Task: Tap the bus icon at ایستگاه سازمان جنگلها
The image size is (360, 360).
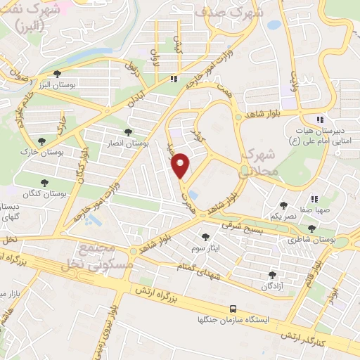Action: tap(232, 308)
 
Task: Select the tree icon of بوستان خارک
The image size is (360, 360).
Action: tap(42, 141)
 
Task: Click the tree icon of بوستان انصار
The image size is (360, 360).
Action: tap(127, 131)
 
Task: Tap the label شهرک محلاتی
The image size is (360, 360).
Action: tap(260, 162)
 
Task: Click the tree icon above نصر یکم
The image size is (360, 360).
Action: tap(283, 205)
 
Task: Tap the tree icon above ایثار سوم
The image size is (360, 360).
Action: tap(205, 238)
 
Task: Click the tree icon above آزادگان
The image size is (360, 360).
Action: tap(272, 275)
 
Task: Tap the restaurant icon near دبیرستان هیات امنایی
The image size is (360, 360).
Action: tap(320, 119)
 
